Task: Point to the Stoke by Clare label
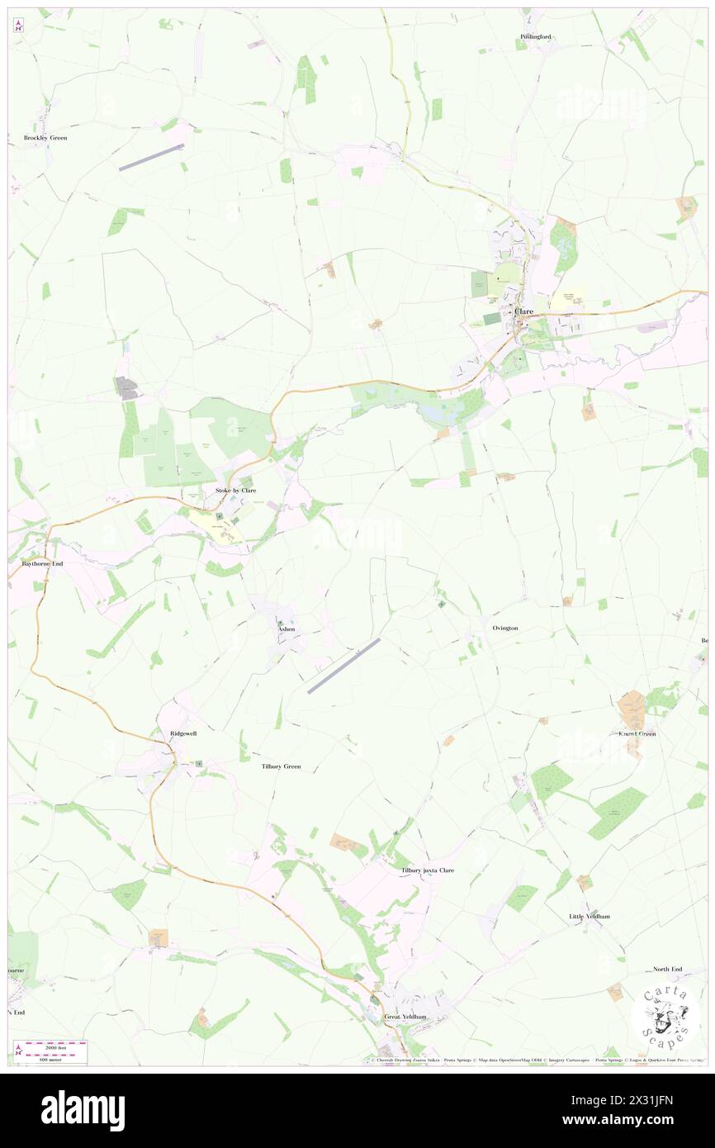pos(235,491)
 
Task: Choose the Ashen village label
pos(286,629)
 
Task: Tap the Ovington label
pos(505,629)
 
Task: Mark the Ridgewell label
pos(183,733)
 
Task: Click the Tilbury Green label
pos(281,766)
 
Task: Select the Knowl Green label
pos(637,733)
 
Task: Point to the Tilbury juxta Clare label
pos(427,870)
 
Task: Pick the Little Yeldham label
pos(589,917)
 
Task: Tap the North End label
pos(667,969)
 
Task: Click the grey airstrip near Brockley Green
pos(152,158)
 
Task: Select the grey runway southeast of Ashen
pos(343,666)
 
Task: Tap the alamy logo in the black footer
pos(83,1110)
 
